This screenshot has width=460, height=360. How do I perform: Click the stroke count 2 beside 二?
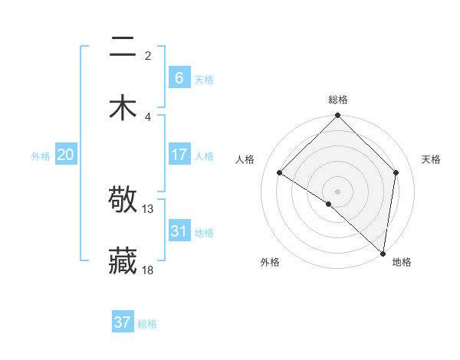[148, 55]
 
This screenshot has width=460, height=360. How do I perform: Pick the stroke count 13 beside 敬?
[148, 209]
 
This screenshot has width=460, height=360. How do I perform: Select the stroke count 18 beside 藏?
[148, 270]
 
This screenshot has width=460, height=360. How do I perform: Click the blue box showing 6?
[179, 77]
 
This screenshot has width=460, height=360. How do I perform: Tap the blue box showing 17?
[179, 155]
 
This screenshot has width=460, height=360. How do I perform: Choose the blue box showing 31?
[179, 231]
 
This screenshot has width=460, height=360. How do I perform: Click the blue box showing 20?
[65, 155]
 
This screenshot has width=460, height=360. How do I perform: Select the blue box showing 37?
[122, 322]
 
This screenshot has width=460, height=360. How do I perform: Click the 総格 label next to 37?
[147, 324]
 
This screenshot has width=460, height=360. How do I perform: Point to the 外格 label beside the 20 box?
[41, 156]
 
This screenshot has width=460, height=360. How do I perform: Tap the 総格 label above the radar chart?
[337, 100]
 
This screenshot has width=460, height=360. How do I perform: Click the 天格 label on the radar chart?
[432, 159]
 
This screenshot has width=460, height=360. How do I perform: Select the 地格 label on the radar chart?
[402, 262]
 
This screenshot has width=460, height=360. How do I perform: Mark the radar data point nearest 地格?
[383, 253]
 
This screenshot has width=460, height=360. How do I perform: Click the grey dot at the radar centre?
[337, 191]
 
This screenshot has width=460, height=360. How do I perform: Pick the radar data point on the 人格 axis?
[280, 172]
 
